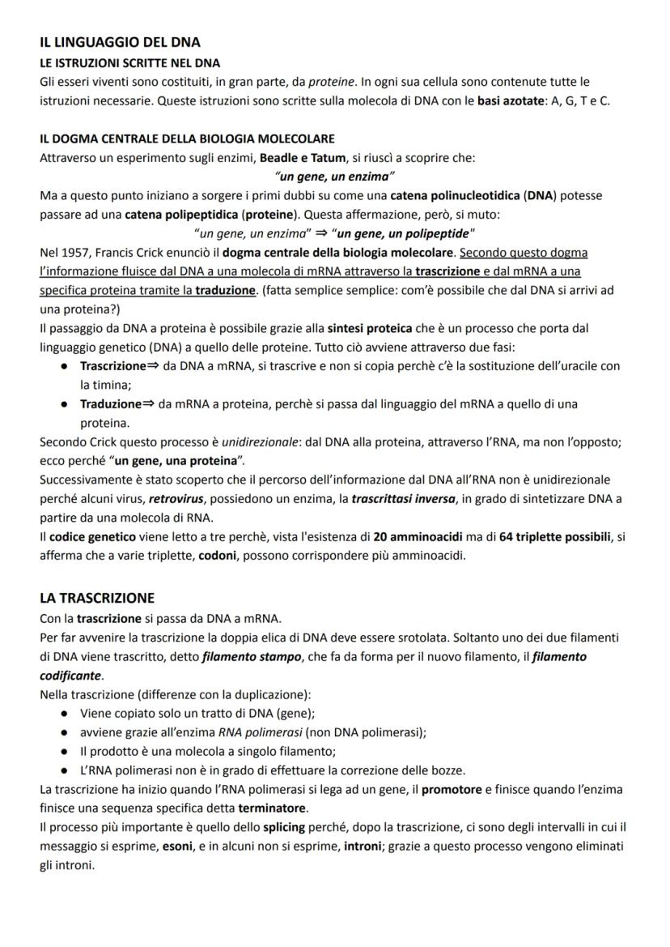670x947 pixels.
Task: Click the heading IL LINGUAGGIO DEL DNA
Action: (x=120, y=43)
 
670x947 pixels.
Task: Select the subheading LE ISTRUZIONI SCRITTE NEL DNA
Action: (x=129, y=63)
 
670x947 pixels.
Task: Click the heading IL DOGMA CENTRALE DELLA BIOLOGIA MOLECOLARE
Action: (x=187, y=139)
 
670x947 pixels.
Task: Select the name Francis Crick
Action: (x=124, y=253)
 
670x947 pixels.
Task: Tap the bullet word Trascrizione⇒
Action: (x=119, y=366)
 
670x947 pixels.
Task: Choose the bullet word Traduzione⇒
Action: (x=116, y=403)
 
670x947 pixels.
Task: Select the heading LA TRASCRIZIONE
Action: (x=97, y=599)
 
